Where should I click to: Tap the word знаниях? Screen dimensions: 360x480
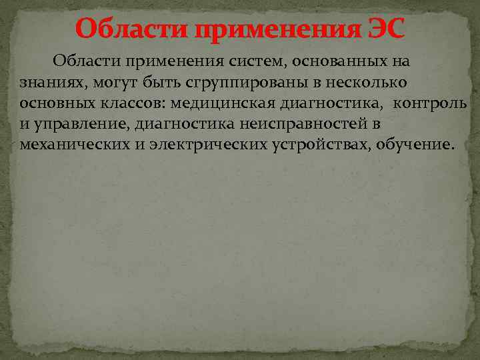tap(47, 83)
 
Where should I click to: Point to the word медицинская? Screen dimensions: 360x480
tap(220, 103)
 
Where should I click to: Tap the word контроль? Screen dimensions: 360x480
tap(431, 103)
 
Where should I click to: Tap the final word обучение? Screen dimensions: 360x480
tap(413, 145)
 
